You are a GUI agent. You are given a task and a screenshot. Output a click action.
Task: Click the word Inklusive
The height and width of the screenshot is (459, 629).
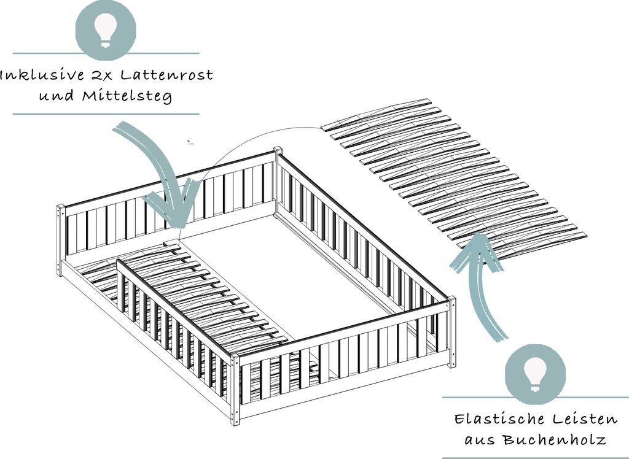click(x=42, y=75)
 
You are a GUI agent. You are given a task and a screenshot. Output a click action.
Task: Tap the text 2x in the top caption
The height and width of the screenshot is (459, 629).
click(x=101, y=75)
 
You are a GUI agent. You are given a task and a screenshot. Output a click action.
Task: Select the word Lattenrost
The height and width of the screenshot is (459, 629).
click(x=166, y=75)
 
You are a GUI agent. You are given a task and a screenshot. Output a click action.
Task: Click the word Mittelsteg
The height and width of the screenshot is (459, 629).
click(x=127, y=96)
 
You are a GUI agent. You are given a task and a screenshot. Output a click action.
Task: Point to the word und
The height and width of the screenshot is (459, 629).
click(x=57, y=96)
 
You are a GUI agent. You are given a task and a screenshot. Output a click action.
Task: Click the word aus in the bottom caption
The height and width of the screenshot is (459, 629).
click(x=480, y=441)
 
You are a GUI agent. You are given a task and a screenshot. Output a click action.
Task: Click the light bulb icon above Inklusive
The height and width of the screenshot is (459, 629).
click(x=106, y=29)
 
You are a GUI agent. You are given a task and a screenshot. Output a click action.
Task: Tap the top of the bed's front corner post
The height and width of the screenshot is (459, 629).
click(x=235, y=356)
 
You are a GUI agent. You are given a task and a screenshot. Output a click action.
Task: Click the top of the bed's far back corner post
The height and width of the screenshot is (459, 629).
click(x=278, y=150)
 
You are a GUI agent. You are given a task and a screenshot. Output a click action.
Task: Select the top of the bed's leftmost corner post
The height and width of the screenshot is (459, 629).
click(x=61, y=207)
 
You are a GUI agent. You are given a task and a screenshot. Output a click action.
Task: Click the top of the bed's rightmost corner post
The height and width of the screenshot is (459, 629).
click(x=451, y=299)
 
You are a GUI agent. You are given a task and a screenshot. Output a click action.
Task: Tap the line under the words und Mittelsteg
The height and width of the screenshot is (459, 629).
click(x=106, y=114)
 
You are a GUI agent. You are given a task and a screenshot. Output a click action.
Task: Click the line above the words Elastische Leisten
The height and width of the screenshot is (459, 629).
click(x=536, y=397)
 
